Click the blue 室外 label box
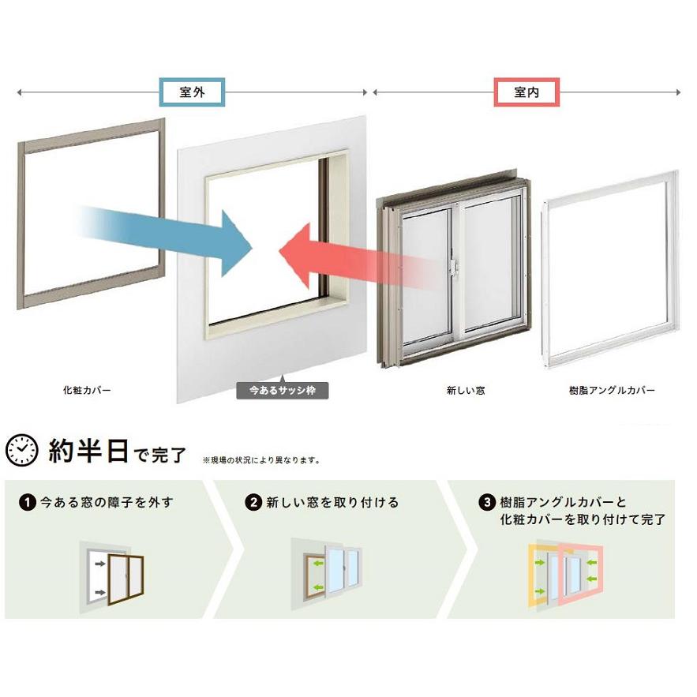click(x=192, y=92)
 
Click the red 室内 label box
click(x=526, y=92)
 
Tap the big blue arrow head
click(x=234, y=244)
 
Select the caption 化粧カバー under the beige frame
click(x=87, y=390)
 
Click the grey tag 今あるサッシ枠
click(x=283, y=390)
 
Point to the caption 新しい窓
click(x=466, y=390)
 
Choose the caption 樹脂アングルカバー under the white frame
click(x=612, y=390)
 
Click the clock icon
click(x=22, y=450)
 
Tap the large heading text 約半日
click(x=88, y=451)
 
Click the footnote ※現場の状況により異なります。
click(x=261, y=460)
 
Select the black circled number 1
click(x=27, y=503)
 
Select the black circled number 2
click(x=253, y=503)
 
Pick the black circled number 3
click(x=487, y=503)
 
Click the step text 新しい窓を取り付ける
click(x=332, y=503)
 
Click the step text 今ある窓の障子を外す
click(x=107, y=503)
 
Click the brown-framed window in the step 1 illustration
click(x=126, y=579)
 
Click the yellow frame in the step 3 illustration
click(x=532, y=578)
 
